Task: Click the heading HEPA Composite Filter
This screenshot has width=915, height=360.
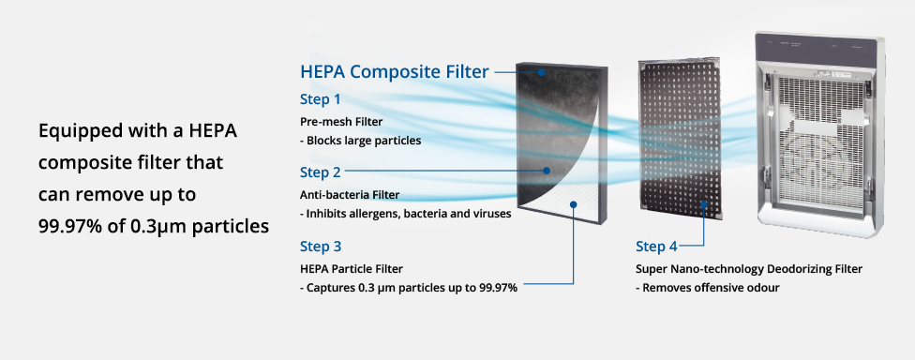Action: (395, 72)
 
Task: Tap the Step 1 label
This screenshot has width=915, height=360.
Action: (321, 99)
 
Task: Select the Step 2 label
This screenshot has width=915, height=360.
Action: (321, 172)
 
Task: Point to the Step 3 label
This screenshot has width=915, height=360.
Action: (321, 247)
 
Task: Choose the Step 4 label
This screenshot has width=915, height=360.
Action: (656, 247)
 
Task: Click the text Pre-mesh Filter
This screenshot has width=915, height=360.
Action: (341, 122)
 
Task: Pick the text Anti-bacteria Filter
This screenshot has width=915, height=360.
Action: (350, 195)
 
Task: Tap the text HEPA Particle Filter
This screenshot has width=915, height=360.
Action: (352, 268)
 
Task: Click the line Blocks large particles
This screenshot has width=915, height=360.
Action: (361, 141)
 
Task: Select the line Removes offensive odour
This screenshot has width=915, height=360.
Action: (707, 287)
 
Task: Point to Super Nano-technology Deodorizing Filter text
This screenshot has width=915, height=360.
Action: (749, 269)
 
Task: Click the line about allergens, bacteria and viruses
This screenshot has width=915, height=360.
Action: (406, 214)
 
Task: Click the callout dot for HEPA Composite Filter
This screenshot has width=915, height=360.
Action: (542, 72)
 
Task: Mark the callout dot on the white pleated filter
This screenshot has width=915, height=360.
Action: (574, 204)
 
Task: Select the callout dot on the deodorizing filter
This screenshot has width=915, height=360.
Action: (704, 204)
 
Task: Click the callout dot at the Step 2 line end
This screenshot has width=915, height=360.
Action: (547, 171)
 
